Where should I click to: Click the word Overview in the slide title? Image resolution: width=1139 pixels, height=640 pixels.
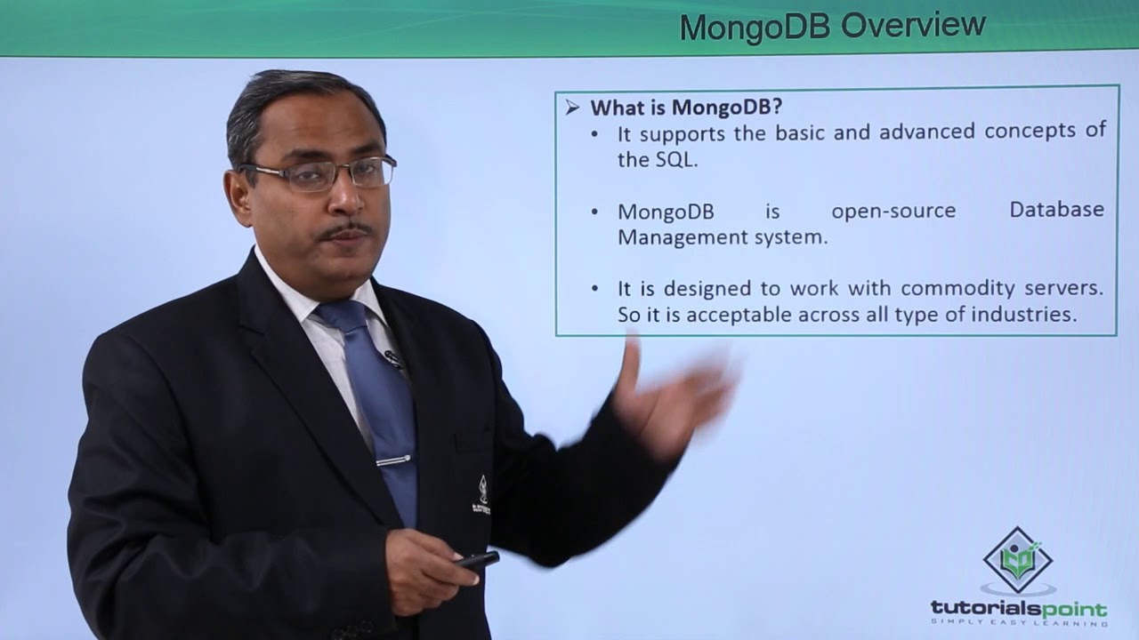click(913, 26)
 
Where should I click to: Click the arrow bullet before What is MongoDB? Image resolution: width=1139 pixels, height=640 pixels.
click(572, 108)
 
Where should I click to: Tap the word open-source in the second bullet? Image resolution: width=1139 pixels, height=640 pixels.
click(893, 211)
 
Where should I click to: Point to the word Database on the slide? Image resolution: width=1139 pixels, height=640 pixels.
click(1056, 209)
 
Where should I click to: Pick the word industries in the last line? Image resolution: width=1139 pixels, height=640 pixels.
click(1024, 315)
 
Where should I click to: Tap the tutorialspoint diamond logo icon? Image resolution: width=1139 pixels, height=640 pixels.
click(1017, 560)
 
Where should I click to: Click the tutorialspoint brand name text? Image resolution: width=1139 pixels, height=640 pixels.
click(1019, 609)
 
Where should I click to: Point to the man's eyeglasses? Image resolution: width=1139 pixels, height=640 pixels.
click(318, 173)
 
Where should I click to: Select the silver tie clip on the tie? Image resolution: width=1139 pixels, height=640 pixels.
click(393, 460)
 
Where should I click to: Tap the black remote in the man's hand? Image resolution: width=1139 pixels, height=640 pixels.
click(476, 559)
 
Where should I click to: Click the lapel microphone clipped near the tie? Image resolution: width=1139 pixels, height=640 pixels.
click(393, 358)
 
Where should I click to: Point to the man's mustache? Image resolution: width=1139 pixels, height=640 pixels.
click(346, 232)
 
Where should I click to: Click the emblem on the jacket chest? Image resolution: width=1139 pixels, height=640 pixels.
click(481, 496)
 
